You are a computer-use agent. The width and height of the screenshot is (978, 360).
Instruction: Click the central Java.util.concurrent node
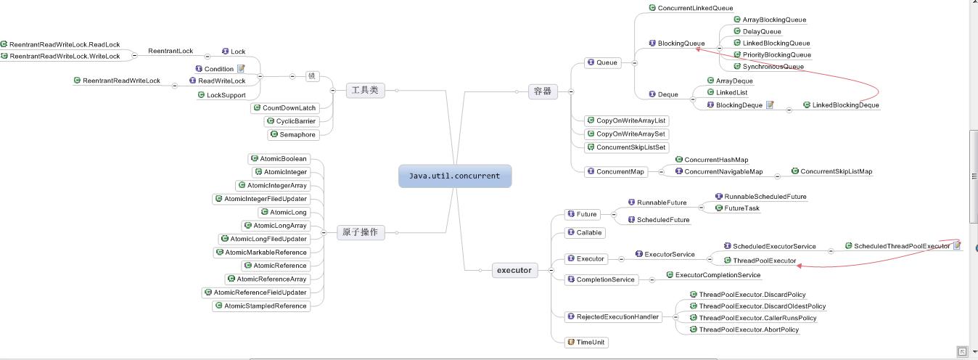point(454,176)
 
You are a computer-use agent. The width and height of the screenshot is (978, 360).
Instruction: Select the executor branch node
point(514,270)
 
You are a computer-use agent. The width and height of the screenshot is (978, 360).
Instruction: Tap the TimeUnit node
point(586,342)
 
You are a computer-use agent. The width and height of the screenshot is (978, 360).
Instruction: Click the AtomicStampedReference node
point(261,306)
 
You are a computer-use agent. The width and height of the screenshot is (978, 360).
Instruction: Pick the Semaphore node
point(292,134)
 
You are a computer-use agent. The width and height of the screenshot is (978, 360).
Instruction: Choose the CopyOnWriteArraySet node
point(626,134)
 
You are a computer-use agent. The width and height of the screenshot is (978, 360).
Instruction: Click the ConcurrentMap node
point(615,171)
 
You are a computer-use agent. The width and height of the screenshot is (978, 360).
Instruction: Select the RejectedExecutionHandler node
point(612,316)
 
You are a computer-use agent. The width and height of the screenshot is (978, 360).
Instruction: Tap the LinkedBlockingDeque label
point(845,105)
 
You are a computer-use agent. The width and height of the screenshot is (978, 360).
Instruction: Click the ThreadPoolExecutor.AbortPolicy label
point(748,330)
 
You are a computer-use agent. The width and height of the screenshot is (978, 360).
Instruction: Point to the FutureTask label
point(741,208)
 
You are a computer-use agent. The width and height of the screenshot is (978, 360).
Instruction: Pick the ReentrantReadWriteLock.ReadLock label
point(64,44)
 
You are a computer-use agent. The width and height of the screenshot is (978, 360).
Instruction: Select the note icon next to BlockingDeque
point(770,105)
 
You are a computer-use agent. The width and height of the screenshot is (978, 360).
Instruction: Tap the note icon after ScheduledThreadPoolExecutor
point(957,246)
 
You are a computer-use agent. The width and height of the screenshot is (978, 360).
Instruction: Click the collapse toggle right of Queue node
point(635,62)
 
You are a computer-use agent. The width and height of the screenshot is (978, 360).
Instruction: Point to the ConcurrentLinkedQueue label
point(694,8)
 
